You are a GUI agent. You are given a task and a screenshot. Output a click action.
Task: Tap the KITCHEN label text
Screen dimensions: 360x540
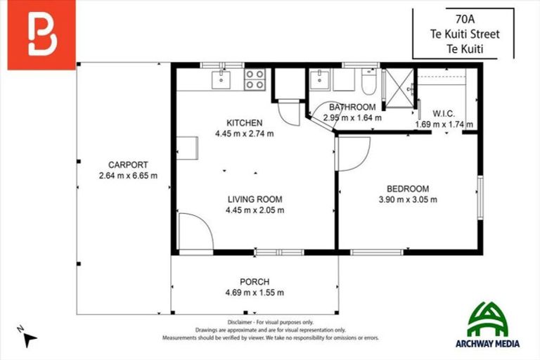coord(244,122)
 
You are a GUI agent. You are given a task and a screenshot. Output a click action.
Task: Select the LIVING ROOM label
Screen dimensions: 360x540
coord(254,199)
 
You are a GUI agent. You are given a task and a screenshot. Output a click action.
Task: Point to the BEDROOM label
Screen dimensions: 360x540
coord(407,188)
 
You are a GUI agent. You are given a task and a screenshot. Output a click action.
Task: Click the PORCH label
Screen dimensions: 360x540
coord(254,282)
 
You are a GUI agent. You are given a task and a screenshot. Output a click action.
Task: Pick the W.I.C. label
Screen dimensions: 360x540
coord(444,113)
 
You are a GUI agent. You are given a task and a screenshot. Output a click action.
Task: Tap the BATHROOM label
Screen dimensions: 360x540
coord(352,108)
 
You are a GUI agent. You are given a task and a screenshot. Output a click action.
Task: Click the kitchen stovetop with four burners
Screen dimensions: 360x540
coord(255,79)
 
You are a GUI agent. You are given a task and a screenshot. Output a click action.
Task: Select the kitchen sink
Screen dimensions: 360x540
coord(221,77)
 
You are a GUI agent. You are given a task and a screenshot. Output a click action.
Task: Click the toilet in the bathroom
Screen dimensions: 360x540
coord(369,83)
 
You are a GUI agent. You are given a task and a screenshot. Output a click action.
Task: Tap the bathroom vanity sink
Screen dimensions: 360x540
coord(321,79)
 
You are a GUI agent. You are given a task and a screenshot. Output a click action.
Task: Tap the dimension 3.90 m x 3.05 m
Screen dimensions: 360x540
coord(407,199)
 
